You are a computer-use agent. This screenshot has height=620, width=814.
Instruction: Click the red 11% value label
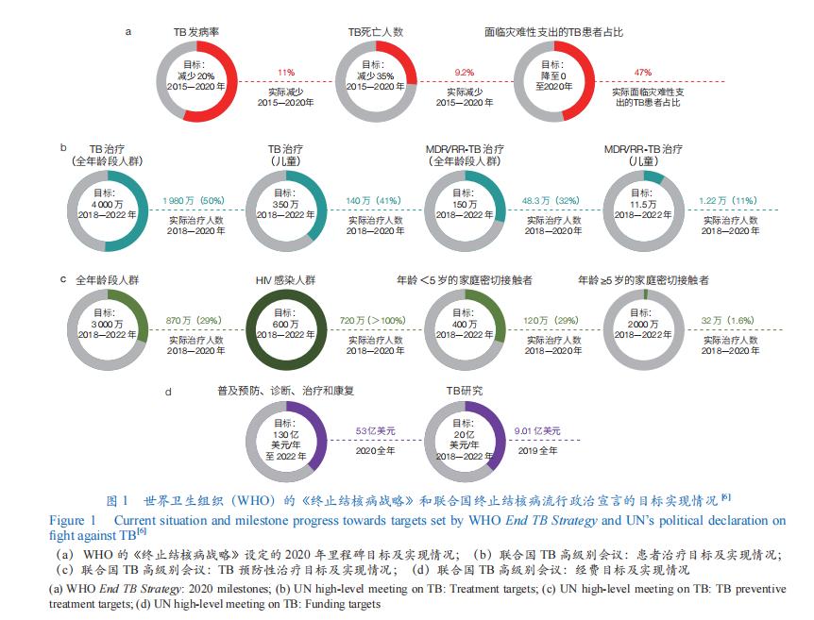coord(286,72)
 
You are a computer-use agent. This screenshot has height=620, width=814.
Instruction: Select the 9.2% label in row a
coord(464,72)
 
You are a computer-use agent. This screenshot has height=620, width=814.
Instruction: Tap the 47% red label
coord(643,72)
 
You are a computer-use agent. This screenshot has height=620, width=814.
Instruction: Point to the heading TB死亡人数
coord(375,31)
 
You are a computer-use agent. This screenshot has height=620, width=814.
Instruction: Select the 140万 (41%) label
coord(372,200)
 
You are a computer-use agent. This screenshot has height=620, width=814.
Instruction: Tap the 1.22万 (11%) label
coord(726,200)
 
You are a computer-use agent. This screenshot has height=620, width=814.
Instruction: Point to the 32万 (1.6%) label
coord(727,321)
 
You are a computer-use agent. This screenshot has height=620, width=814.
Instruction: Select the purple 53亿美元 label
coord(375,430)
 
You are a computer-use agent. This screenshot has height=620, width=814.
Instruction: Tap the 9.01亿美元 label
coord(537,430)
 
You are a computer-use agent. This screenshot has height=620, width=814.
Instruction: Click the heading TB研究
coord(466,389)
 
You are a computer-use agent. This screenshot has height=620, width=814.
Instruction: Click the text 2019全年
coord(536,451)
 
